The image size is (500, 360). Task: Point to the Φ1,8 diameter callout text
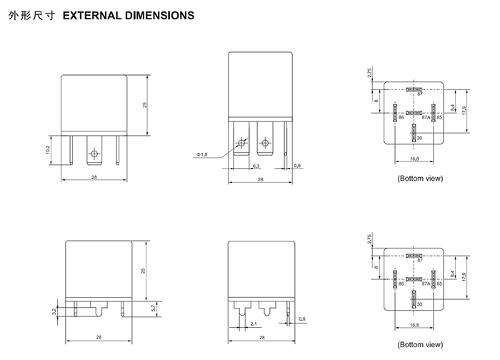(201, 154)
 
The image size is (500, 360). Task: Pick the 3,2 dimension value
(55, 311)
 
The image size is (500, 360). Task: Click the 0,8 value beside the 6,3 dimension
(297, 166)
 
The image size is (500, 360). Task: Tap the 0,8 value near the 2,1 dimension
(302, 319)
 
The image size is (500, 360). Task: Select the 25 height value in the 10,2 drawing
(144, 104)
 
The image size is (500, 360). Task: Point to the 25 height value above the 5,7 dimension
(144, 271)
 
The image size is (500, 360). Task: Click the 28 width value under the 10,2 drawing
(94, 176)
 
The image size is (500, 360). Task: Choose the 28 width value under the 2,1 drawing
(261, 337)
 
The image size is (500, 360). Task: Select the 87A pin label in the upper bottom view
(426, 117)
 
